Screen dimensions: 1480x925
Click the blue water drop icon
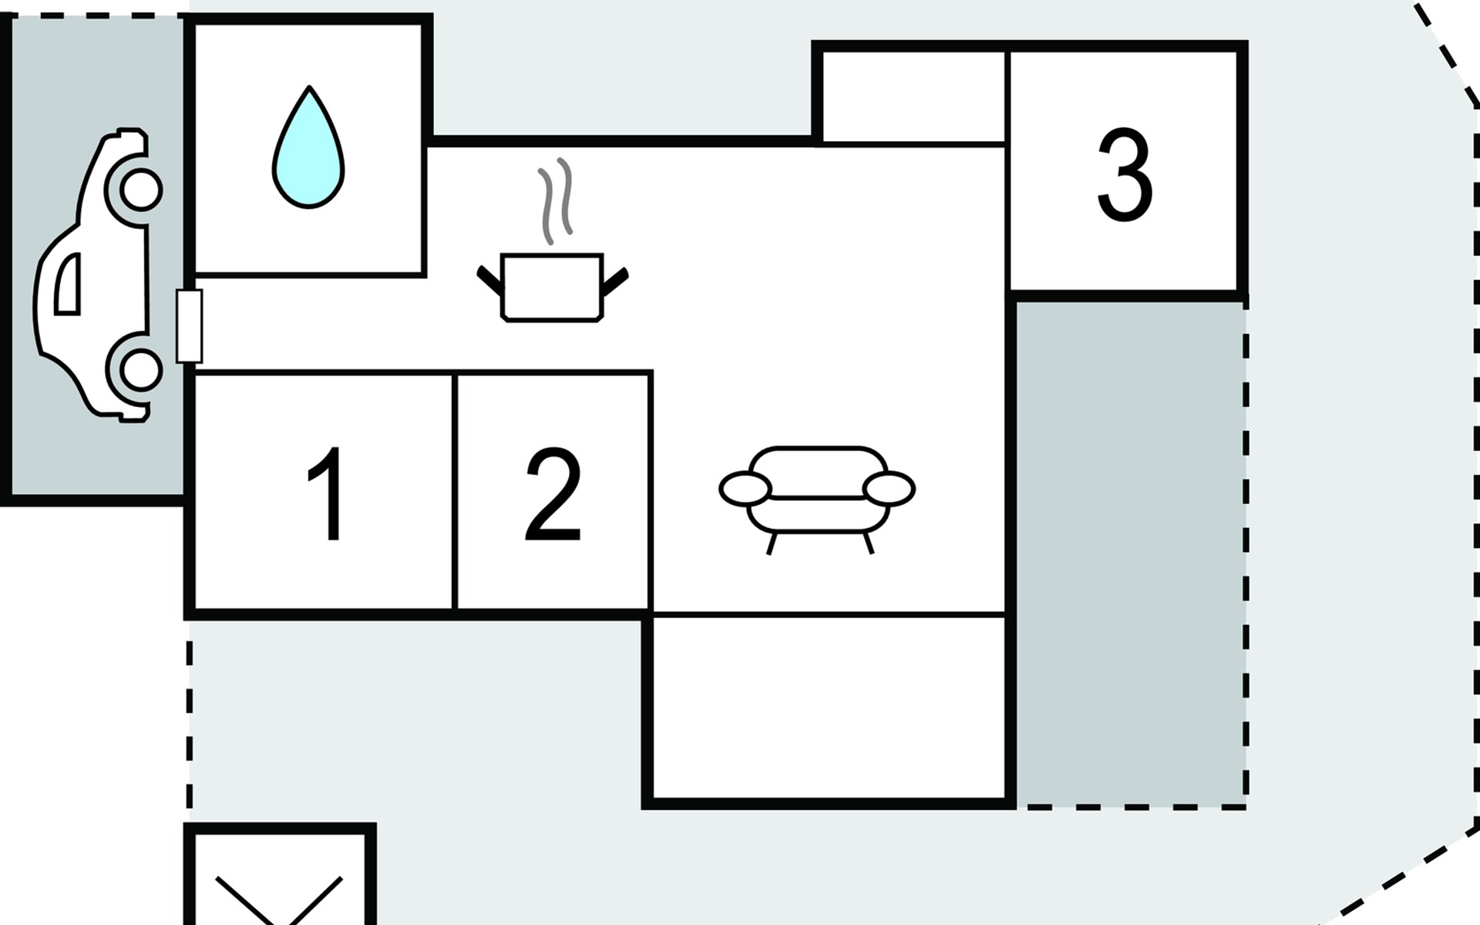tap(308, 146)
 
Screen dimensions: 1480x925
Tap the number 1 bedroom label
tap(326, 494)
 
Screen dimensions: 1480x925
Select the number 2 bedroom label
tap(553, 493)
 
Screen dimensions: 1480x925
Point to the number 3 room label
tap(1125, 175)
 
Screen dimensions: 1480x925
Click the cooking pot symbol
tap(552, 287)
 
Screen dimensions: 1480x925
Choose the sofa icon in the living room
tap(817, 499)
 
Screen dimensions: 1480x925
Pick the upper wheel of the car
tap(141, 189)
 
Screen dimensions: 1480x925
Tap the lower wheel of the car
tap(141, 369)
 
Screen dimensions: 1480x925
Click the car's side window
tap(68, 284)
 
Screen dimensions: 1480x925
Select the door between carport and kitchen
tap(189, 326)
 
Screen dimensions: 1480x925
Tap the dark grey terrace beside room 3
tap(1130, 554)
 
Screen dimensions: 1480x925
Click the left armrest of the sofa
tap(745, 489)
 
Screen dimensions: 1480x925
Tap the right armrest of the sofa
tap(890, 489)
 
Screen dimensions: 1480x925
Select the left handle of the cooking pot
tap(489, 281)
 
